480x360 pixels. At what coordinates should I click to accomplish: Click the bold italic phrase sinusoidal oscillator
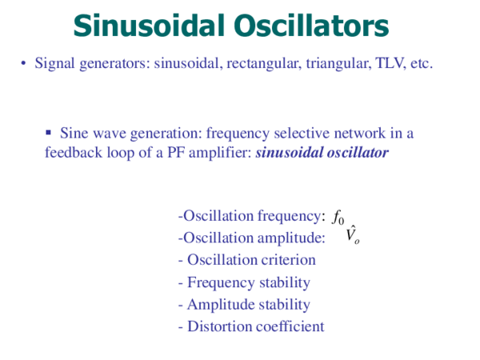click(322, 151)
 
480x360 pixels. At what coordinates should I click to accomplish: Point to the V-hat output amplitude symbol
click(352, 235)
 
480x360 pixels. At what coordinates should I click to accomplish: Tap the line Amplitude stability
click(244, 305)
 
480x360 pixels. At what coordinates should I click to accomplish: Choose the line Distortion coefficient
click(250, 326)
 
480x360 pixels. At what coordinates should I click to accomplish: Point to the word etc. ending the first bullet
click(420, 63)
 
